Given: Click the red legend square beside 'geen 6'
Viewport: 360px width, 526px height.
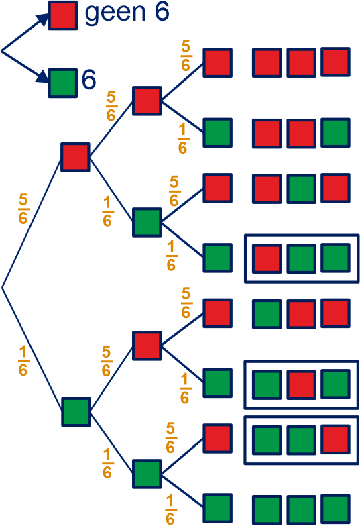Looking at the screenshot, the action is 63,15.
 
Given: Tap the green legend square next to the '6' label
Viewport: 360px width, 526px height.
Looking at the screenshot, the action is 63,83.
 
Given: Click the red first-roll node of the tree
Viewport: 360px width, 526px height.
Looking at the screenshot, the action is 75,157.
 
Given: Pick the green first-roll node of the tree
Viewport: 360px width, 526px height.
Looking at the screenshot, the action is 76,412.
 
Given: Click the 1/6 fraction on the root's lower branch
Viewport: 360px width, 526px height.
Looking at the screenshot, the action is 23,361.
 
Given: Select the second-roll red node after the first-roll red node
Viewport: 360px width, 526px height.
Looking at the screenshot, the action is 147,101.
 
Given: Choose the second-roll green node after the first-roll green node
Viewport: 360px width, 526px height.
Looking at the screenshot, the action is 147,474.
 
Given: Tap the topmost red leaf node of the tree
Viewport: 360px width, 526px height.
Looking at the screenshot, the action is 217,63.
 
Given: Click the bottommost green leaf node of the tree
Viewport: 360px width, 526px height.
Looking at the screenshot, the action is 217,509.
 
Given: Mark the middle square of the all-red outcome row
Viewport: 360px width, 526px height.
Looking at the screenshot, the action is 302,63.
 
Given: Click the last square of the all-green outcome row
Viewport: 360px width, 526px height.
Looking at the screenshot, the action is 335,509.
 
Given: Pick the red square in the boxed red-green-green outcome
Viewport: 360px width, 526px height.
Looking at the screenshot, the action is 267,258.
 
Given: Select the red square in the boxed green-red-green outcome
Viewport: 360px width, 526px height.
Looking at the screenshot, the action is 302,384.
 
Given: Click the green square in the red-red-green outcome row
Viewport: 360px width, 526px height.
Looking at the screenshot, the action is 335,133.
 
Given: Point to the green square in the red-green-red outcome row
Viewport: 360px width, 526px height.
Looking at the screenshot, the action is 302,189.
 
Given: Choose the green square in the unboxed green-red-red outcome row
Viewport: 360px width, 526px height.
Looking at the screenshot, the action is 267,314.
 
